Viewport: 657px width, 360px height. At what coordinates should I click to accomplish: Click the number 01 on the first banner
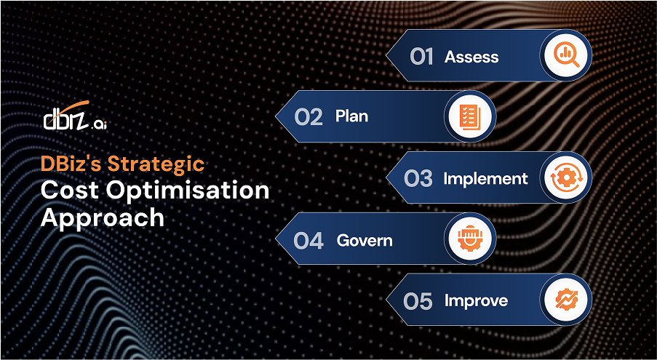(x=421, y=57)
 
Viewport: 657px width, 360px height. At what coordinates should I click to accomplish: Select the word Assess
(x=471, y=57)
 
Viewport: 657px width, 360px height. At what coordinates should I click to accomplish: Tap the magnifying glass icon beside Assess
(x=566, y=55)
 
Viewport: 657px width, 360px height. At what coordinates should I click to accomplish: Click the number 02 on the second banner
(x=308, y=117)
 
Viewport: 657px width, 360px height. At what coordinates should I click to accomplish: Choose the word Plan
(x=351, y=116)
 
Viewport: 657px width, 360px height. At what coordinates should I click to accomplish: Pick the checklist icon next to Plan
(x=469, y=116)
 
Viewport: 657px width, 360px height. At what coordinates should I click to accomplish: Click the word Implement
(x=485, y=179)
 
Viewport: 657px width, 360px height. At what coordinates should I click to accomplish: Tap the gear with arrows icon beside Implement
(x=566, y=177)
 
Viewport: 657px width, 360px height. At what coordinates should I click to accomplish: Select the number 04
(x=308, y=241)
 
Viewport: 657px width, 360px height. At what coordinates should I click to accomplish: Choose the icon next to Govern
(x=469, y=239)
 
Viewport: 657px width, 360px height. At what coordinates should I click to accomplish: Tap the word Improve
(x=476, y=301)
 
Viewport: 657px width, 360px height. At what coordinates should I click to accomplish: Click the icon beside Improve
(x=566, y=300)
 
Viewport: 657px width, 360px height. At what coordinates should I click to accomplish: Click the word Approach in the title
(x=102, y=217)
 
